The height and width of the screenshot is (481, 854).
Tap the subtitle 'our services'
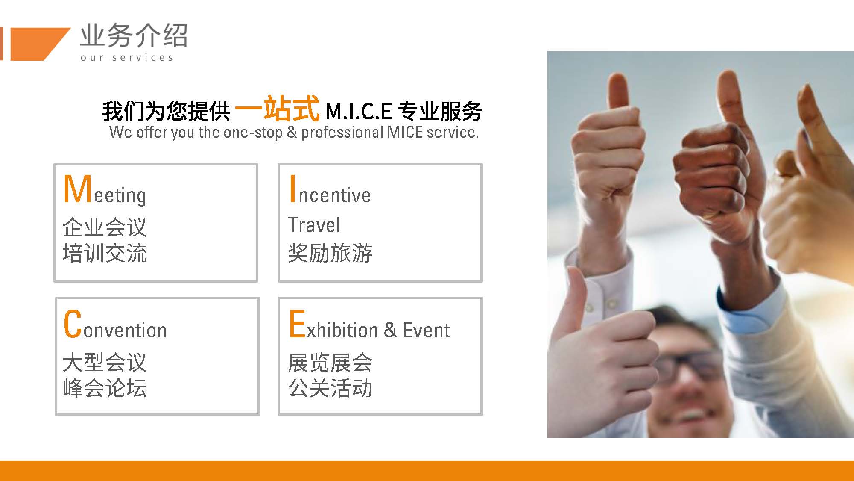point(127,57)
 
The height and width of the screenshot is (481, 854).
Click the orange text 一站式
point(277,109)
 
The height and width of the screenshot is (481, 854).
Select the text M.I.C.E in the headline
point(359,112)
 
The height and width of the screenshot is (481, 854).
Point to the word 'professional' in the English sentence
point(342,133)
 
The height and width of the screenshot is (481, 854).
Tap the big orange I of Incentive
point(292,189)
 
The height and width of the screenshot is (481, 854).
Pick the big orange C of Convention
point(73,324)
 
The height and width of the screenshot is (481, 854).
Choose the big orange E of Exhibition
point(297,324)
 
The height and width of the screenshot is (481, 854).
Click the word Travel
point(314,225)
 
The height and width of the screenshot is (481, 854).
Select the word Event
point(426,330)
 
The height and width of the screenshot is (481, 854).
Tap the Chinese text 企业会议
point(105,227)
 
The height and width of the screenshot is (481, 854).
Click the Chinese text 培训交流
point(105,253)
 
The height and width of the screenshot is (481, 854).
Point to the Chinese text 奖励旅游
point(330,253)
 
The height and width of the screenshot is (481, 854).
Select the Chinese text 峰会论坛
point(105,388)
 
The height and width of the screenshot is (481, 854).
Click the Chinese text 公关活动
point(330,388)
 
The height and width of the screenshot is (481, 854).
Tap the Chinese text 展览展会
point(330,363)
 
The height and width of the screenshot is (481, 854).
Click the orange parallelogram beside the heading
point(38,44)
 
